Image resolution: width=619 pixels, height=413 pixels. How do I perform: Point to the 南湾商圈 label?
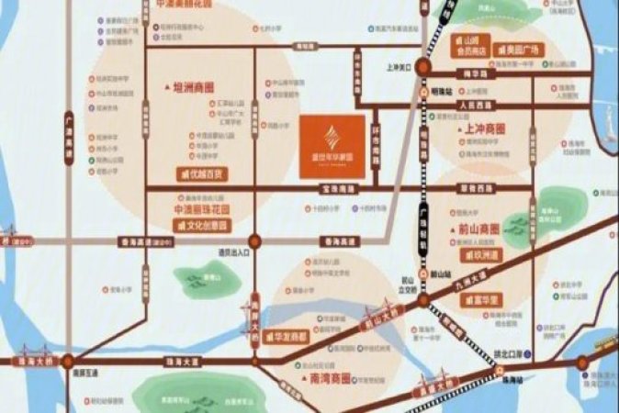click(x=329, y=376)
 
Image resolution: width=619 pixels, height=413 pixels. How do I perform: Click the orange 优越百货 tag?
click(x=202, y=173)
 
